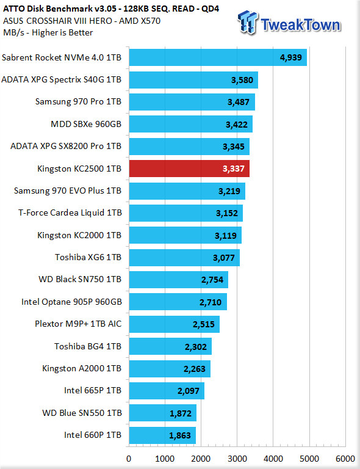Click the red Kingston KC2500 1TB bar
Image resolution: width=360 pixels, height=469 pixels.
click(189, 169)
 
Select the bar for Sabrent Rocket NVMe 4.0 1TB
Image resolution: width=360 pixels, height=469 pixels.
click(218, 57)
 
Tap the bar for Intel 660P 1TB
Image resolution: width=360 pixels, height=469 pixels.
click(162, 435)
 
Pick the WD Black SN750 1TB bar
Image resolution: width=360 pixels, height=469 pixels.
click(178, 280)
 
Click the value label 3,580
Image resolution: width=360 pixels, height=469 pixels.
click(242, 80)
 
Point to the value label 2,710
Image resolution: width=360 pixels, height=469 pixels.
click(211, 302)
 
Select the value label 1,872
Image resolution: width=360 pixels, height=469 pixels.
click(181, 413)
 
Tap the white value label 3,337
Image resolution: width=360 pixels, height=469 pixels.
click(233, 169)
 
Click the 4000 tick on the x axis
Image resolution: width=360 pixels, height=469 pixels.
click(273, 459)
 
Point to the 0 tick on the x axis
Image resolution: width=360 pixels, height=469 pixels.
click(129, 459)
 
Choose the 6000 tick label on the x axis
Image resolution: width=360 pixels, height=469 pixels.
click(345, 459)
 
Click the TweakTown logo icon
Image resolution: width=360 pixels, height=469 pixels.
click(247, 22)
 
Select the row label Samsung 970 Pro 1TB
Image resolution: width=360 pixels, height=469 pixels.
click(78, 101)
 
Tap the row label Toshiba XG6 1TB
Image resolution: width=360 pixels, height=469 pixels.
click(88, 257)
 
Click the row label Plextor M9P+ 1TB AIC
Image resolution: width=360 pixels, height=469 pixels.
click(78, 324)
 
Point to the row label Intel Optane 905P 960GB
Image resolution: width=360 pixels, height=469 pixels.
click(72, 302)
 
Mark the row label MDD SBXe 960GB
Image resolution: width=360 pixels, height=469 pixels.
click(86, 124)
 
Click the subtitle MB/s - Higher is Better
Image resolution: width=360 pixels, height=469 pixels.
click(48, 32)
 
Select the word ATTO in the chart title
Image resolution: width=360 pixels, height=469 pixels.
click(13, 9)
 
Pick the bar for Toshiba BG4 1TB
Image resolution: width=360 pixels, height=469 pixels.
click(170, 346)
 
